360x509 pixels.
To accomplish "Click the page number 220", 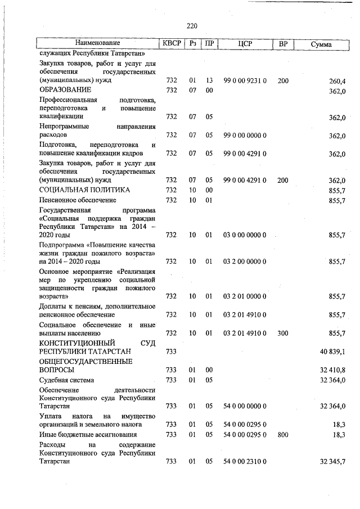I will click(x=192, y=25).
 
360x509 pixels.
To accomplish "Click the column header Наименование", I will click(x=98, y=43).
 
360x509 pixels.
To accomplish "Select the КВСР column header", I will click(x=172, y=43).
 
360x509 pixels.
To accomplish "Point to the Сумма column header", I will click(x=321, y=44).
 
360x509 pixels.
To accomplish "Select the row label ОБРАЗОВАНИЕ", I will click(x=65, y=90).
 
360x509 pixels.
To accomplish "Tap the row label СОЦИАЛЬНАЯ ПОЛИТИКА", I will click(x=84, y=190).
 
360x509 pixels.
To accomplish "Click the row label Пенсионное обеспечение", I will click(x=78, y=200).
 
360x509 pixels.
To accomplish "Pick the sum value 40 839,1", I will click(x=332, y=352).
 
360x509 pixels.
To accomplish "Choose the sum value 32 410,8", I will click(x=332, y=371).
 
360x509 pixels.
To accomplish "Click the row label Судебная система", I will click(x=66, y=380).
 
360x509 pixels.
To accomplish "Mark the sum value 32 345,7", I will click(x=332, y=462).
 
